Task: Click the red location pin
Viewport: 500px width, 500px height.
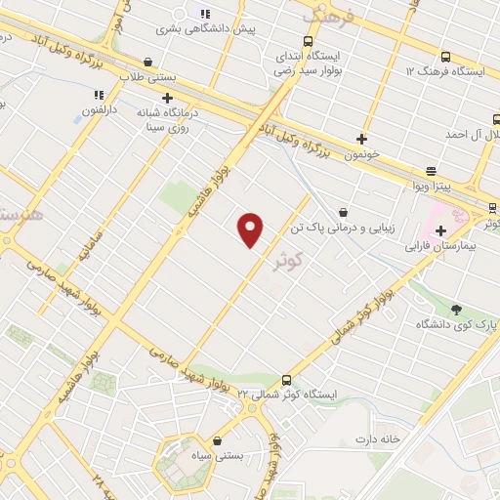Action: (x=251, y=229)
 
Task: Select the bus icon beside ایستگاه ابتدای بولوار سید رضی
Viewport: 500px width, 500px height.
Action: (x=309, y=42)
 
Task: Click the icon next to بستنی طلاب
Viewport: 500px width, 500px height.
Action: (x=147, y=62)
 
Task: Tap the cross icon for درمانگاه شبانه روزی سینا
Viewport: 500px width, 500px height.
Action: (x=168, y=98)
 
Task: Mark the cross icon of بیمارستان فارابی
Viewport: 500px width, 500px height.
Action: (x=441, y=231)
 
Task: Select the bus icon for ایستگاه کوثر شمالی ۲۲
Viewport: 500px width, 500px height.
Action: (x=286, y=380)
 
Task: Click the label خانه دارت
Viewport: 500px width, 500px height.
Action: (x=378, y=439)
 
